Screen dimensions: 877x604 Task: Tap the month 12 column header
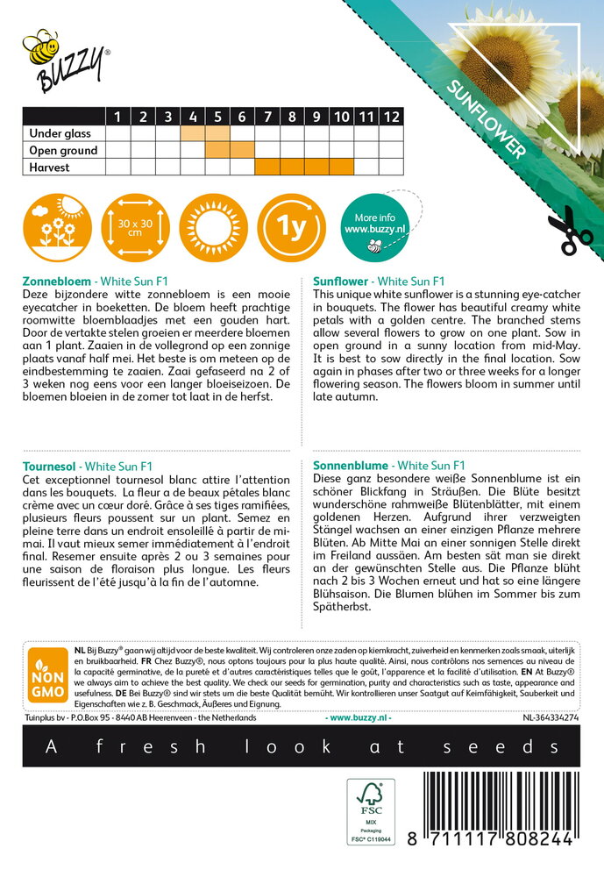392,117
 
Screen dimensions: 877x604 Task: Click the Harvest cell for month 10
342,167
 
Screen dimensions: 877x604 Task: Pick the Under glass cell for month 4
192,134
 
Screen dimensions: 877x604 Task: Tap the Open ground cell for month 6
242,150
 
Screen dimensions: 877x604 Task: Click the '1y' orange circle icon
291,229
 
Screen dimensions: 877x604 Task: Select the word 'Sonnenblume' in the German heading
350,465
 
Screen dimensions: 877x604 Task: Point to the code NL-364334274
550,717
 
